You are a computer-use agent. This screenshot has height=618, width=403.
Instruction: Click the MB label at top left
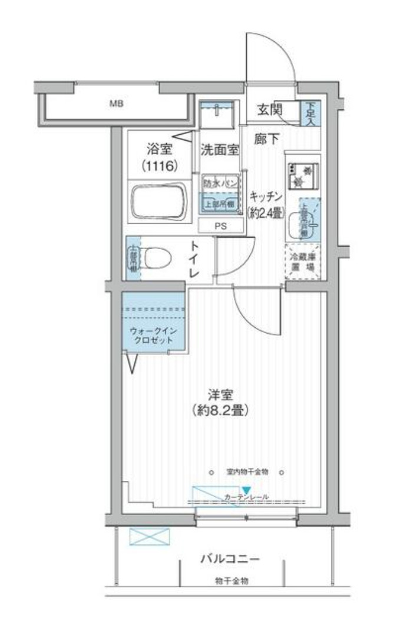coord(115,105)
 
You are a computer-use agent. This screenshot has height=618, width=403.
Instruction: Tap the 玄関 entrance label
coord(269,109)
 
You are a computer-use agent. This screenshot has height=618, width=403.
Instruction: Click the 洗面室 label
coord(220,149)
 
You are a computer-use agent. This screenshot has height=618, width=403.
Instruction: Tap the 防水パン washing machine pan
coord(220,183)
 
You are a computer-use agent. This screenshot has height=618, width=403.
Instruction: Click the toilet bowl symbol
coord(156,257)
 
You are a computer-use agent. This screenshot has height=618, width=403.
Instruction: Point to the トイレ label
coord(195,261)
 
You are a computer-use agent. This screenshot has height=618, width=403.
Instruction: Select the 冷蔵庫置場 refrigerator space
coord(303,261)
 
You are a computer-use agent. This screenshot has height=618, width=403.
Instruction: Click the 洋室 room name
coord(220,394)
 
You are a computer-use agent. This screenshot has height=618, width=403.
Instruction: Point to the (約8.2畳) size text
coord(220,410)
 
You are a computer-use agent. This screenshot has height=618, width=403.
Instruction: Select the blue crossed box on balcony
coord(149,536)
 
